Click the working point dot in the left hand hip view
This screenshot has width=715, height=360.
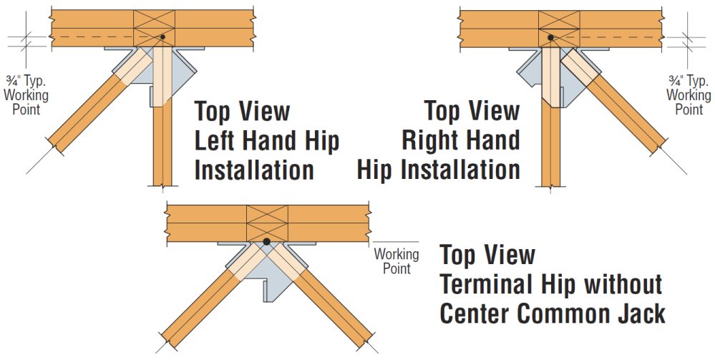[163, 37]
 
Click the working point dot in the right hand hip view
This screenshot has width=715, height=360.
[550, 37]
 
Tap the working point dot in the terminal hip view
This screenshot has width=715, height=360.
[266, 242]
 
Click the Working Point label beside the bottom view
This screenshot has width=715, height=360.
[396, 261]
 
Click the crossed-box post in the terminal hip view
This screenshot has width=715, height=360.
[266, 223]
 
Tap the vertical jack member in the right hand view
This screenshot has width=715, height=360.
[550, 143]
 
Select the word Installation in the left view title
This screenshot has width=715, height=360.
[254, 170]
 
